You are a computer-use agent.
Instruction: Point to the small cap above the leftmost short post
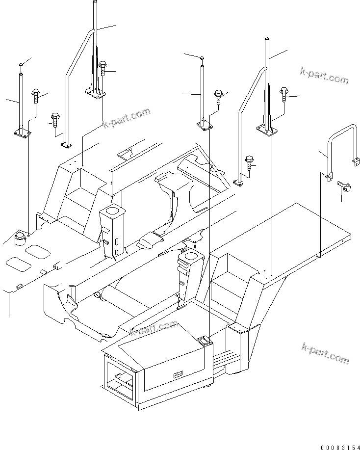tap(21, 65)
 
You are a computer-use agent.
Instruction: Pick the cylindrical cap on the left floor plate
tap(20, 238)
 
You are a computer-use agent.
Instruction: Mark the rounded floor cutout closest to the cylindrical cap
tap(37, 252)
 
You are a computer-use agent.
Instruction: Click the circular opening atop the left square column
tap(112, 211)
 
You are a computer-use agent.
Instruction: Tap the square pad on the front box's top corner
tap(203, 339)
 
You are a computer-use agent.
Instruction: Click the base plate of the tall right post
tap(268, 129)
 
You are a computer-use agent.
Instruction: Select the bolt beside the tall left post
tap(103, 67)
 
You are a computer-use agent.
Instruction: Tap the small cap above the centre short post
tap(202, 58)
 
